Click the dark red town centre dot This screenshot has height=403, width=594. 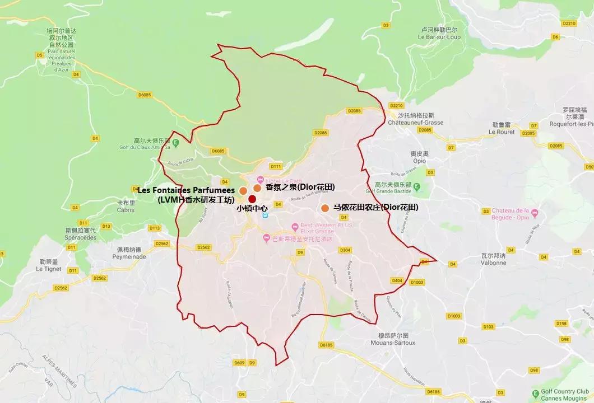point(252,199)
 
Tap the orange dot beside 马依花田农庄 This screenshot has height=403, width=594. point(325,208)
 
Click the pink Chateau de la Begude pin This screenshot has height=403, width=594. point(534,213)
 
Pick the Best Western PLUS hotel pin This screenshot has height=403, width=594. point(295,227)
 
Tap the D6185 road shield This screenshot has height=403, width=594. point(326,345)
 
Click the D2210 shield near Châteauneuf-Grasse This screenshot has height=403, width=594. point(396,106)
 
